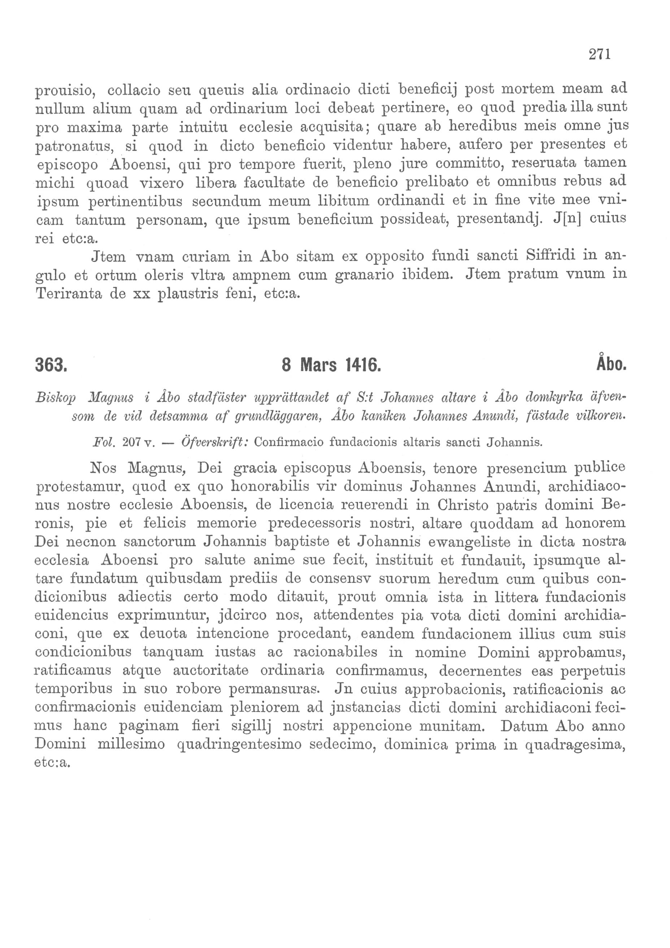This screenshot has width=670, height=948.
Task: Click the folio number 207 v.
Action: click(x=138, y=443)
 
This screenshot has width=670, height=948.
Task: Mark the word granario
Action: click(x=365, y=275)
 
